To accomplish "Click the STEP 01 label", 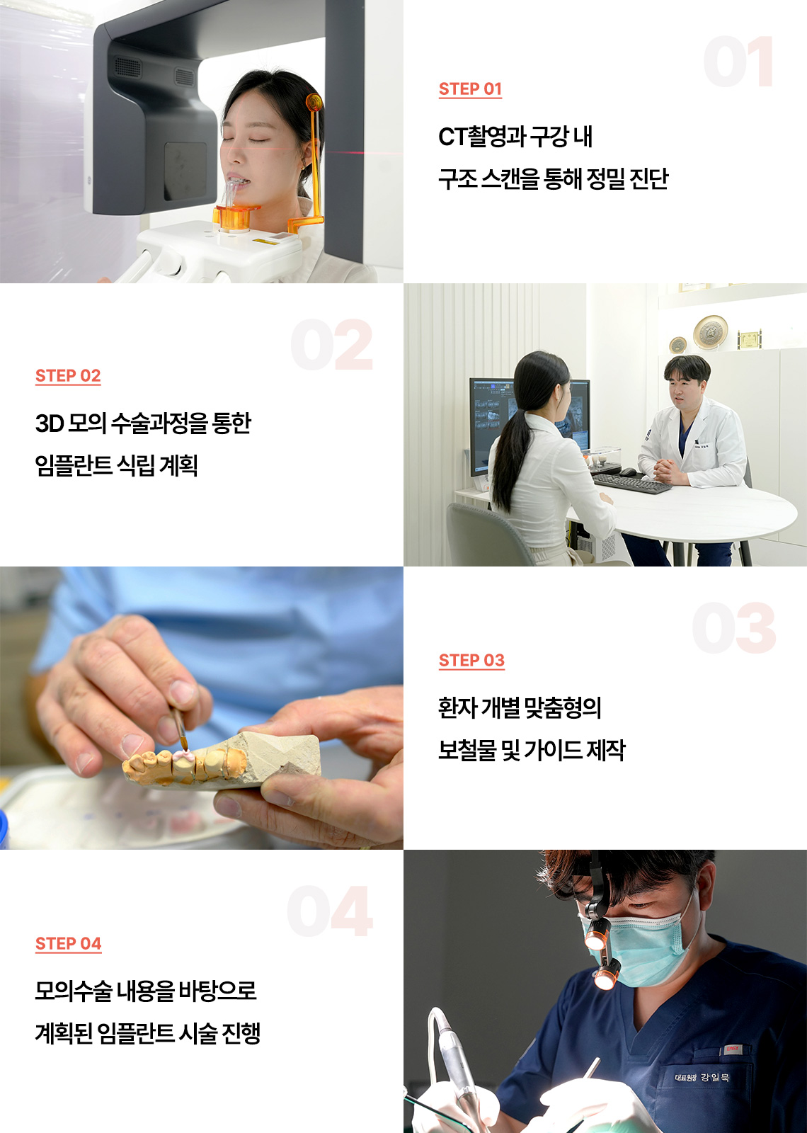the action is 470,89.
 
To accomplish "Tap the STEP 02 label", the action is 68,376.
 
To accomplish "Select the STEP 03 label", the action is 471,661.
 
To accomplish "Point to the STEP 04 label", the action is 68,944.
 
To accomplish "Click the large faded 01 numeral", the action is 738,61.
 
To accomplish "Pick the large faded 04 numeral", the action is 330,911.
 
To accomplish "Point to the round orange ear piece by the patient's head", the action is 314,102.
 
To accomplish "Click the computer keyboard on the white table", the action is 631,482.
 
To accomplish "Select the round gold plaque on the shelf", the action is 710,332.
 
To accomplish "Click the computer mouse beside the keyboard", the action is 628,472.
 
